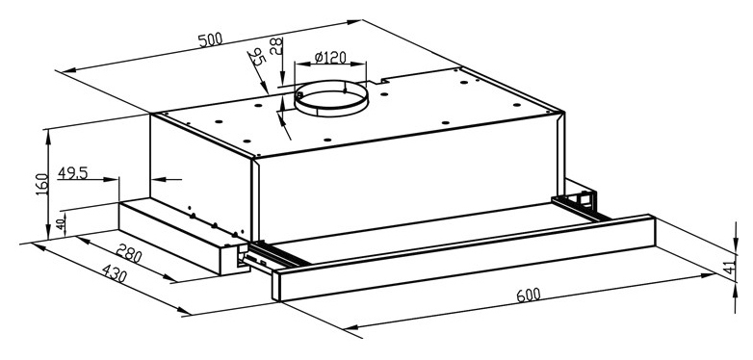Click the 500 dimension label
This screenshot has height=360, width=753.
click(210, 39)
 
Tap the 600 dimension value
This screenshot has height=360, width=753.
click(529, 295)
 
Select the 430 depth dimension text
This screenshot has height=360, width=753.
click(115, 274)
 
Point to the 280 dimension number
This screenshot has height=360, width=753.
click(129, 253)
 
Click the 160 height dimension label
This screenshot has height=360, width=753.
click(42, 184)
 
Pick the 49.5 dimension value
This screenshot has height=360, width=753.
click(72, 173)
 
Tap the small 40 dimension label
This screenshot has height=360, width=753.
click(61, 224)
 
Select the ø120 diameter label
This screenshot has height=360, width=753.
click(330, 58)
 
